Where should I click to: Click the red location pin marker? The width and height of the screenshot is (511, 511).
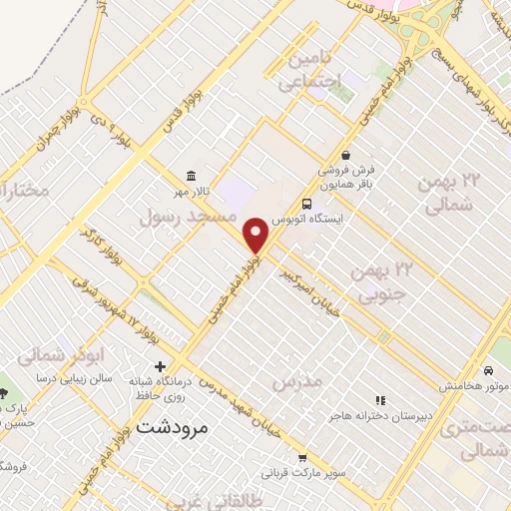pos(256,235)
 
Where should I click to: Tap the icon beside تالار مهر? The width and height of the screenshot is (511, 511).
pos(190,176)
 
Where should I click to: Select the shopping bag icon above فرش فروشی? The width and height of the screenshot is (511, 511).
pos(345,156)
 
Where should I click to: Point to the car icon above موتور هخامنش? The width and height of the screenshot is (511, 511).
pos(488,370)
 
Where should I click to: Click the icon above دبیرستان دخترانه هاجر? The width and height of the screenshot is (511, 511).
pos(378,400)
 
